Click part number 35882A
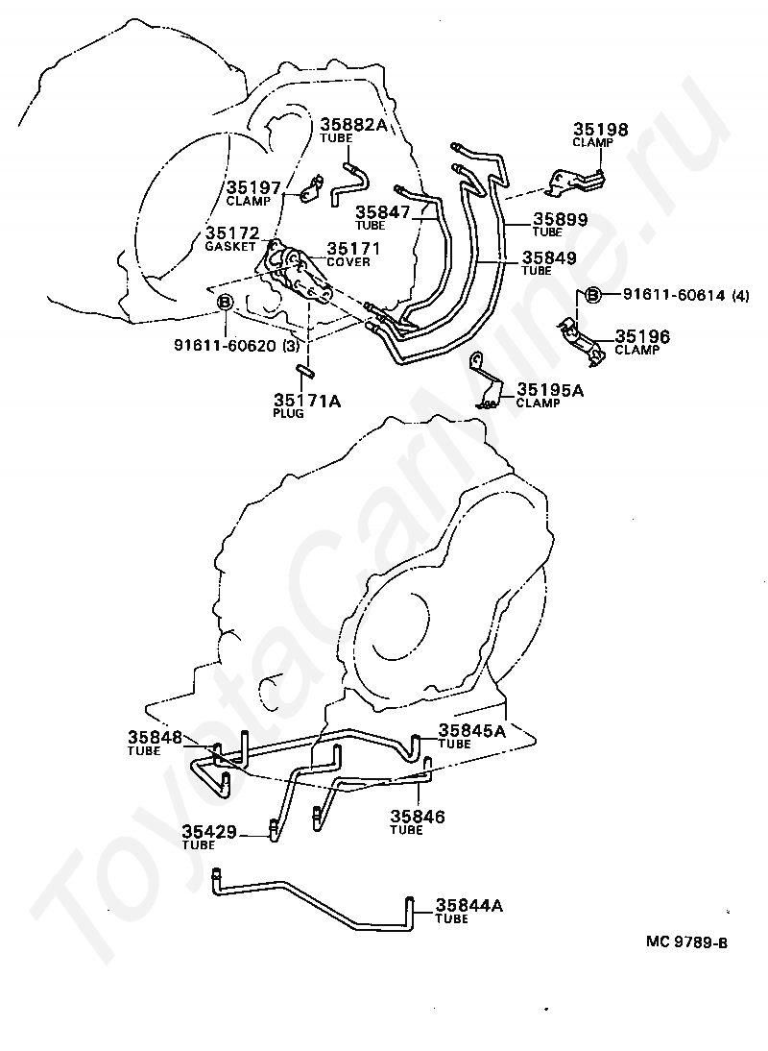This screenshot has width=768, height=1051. pyautogui.click(x=353, y=124)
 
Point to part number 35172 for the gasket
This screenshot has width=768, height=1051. pyautogui.click(x=231, y=233)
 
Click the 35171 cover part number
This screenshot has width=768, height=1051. pyautogui.click(x=353, y=248)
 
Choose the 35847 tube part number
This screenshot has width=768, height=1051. pyautogui.click(x=383, y=212)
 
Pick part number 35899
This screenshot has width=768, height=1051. pyautogui.click(x=561, y=219)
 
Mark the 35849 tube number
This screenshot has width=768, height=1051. pyautogui.click(x=548, y=257)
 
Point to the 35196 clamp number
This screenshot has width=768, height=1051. pyautogui.click(x=642, y=336)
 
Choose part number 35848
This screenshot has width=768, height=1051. pyautogui.click(x=155, y=738)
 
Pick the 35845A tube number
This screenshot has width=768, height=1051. pyautogui.click(x=471, y=730)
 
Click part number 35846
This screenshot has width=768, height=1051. pyautogui.click(x=417, y=817)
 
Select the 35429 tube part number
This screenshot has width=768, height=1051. pyautogui.click(x=209, y=832)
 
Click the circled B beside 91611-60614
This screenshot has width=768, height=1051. pyautogui.click(x=592, y=295)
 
